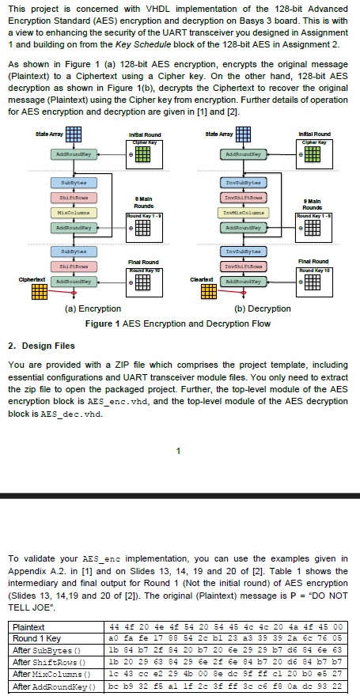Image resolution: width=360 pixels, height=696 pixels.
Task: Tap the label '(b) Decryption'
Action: [x=263, y=308]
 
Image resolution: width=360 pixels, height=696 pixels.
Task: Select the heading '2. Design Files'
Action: [x=41, y=346]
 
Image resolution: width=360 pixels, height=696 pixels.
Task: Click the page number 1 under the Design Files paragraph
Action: [x=180, y=451]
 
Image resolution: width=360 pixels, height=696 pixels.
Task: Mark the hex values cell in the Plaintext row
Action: [x=229, y=627]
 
